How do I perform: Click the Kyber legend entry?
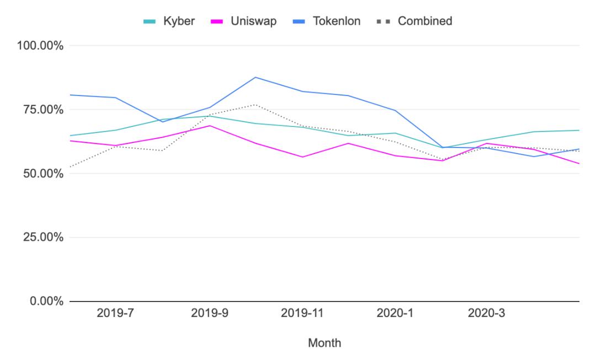[169, 21]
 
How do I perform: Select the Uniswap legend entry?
[244, 21]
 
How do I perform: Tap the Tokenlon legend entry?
[327, 21]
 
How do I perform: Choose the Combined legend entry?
[414, 21]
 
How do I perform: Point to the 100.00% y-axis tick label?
[40, 46]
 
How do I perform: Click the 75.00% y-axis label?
[43, 109]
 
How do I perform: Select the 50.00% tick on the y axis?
[43, 173]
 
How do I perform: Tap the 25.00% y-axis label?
[43, 237]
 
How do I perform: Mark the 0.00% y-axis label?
[46, 301]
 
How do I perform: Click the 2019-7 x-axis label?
[115, 313]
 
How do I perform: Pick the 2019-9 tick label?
[210, 313]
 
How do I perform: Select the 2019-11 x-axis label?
[302, 313]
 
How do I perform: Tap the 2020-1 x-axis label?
[395, 313]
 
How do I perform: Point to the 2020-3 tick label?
[487, 313]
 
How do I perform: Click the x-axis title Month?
[324, 343]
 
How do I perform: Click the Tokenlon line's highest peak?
[256, 77]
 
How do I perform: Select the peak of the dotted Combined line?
[256, 104]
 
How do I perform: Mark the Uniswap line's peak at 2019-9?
[210, 125]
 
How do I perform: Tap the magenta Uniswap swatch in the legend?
[217, 22]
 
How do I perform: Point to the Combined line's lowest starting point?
[70, 167]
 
